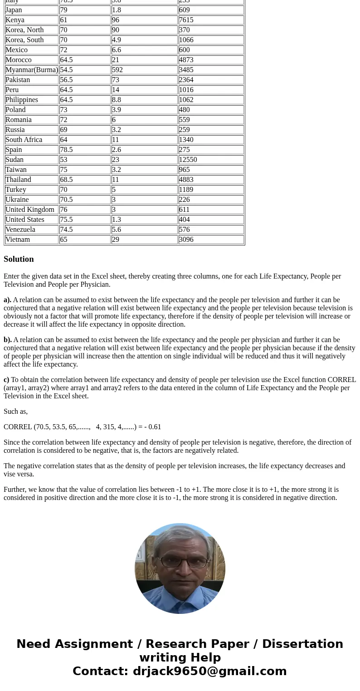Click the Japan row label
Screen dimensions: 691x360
(x=14, y=10)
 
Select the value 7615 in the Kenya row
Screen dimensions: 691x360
(x=186, y=20)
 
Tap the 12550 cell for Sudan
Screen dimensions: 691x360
(x=188, y=160)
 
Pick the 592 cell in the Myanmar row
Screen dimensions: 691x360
(x=117, y=70)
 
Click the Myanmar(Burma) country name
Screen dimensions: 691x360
(x=32, y=70)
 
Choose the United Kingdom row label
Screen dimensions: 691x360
(x=30, y=210)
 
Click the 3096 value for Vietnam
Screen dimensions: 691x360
(x=186, y=240)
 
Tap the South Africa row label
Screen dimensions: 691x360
(x=24, y=140)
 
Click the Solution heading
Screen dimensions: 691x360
(x=19, y=259)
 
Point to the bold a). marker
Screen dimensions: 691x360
(x=7, y=300)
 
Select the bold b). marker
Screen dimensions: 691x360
(x=8, y=340)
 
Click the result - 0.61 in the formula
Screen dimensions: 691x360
(x=152, y=427)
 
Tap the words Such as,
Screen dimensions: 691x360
(x=15, y=412)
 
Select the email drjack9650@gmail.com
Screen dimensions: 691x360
(x=209, y=671)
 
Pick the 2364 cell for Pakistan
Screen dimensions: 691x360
(x=186, y=80)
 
